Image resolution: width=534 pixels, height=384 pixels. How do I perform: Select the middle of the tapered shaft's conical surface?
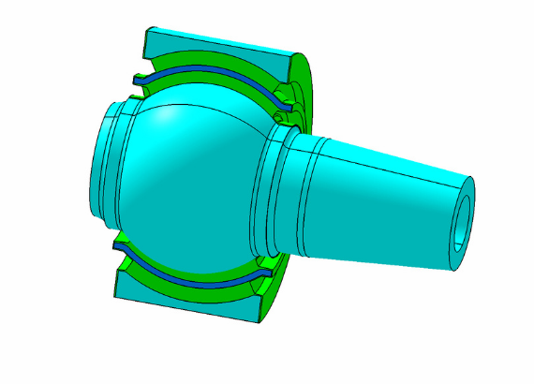[384, 201]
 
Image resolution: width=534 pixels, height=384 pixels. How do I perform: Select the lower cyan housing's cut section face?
[187, 302]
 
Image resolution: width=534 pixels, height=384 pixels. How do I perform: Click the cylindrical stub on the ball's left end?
[108, 169]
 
